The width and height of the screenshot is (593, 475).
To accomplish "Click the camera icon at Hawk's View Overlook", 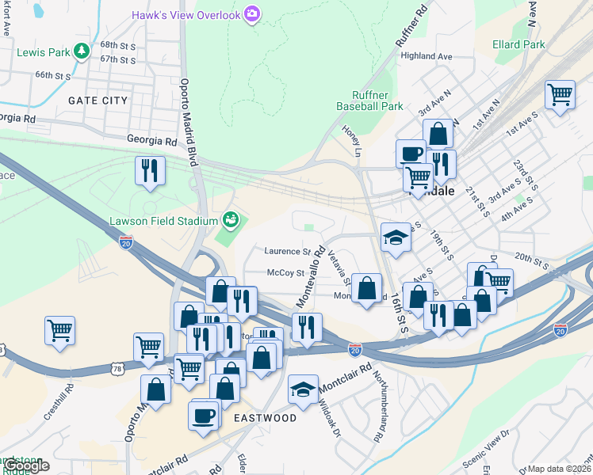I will pos(252,13).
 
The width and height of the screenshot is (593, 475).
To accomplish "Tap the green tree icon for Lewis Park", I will pos(81,51).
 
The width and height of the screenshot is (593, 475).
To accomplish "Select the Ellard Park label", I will pos(518,44).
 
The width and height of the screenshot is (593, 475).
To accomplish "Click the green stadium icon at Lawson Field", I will pos(231,218).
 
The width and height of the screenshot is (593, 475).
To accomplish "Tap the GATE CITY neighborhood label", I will pos(98,101).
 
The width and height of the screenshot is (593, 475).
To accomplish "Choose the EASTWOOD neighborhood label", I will pos(265,418).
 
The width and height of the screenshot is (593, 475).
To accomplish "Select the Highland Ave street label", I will pos(426,56).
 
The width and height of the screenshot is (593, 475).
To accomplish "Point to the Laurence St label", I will pos(287,252).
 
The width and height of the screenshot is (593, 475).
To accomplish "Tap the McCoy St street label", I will pos(286,272).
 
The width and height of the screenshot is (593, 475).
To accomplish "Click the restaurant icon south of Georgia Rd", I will pos(149,171).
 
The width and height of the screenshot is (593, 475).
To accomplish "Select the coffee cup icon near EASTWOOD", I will pos(204,415).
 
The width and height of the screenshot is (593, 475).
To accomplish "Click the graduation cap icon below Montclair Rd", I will pos(302,389).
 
